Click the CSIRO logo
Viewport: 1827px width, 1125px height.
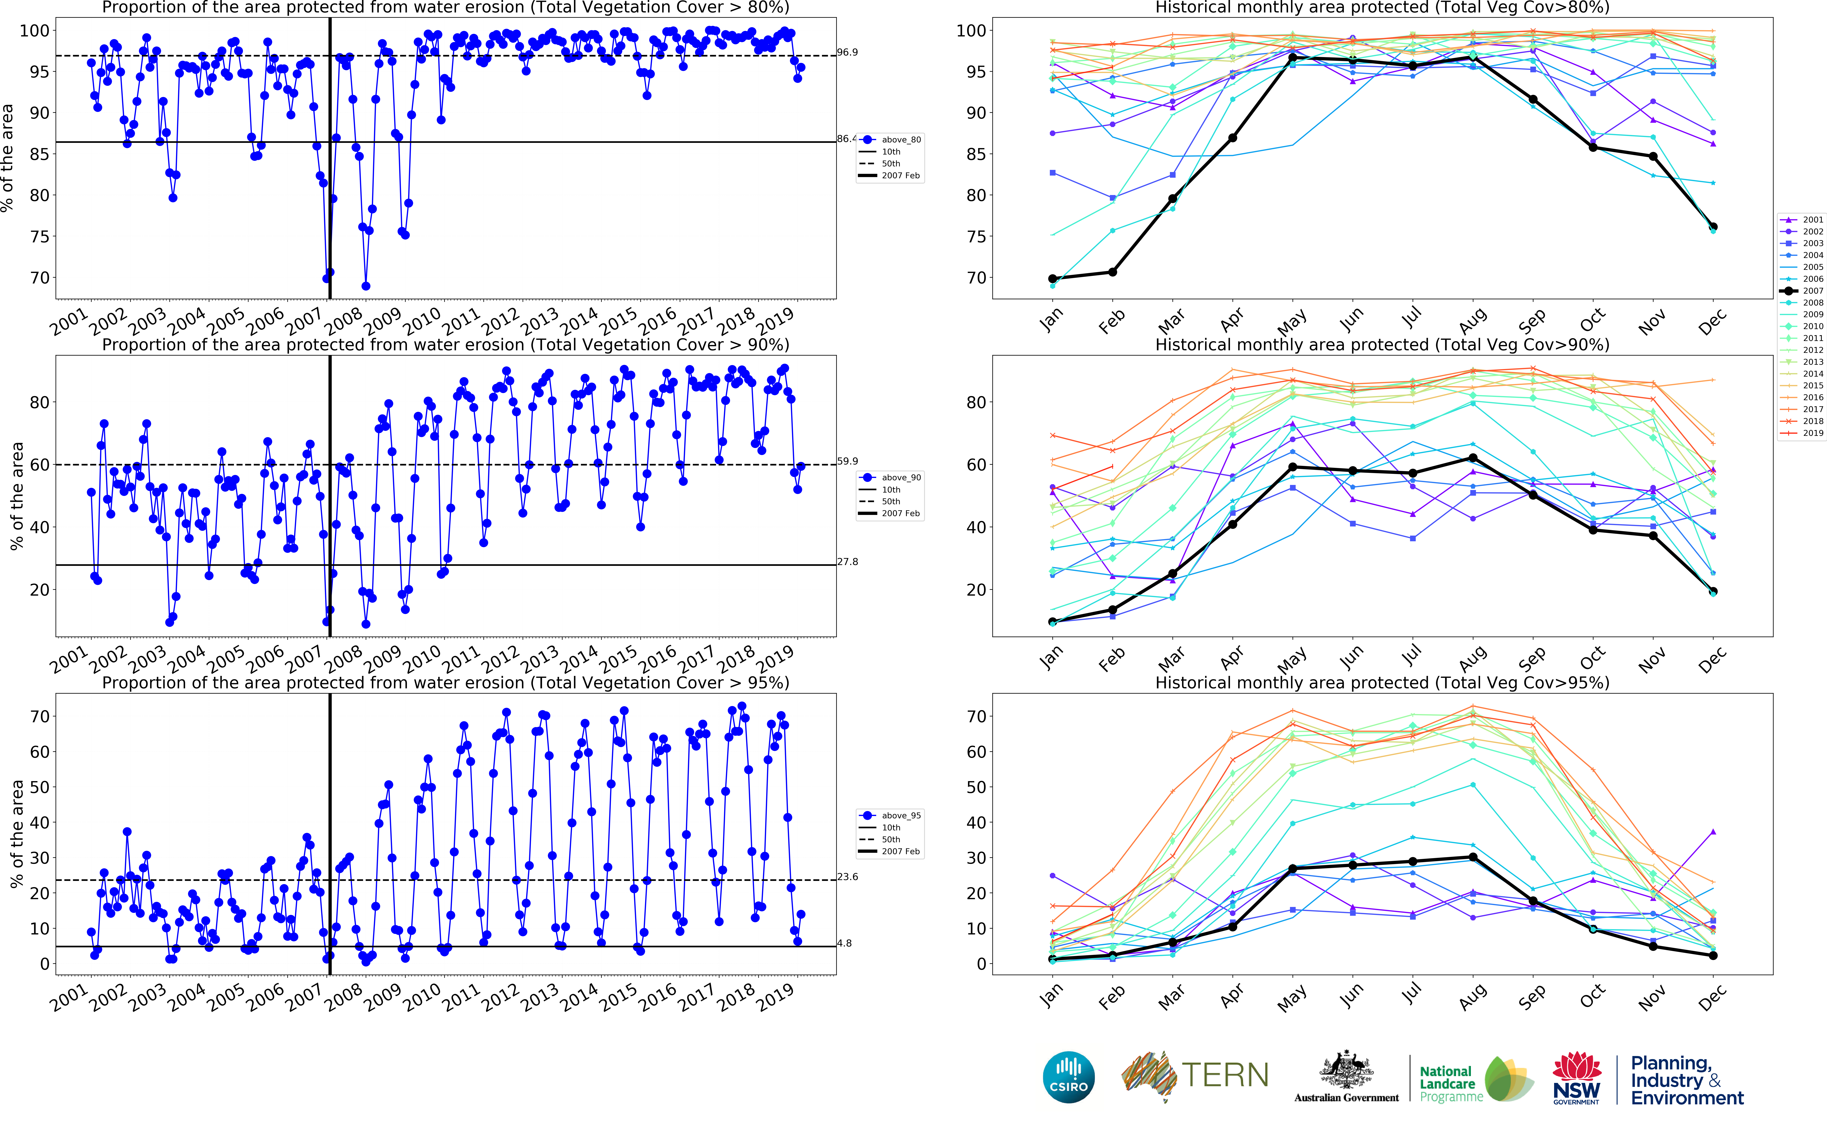(1069, 1077)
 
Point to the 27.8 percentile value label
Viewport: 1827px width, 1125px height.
(848, 562)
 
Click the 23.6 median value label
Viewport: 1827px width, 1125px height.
(848, 877)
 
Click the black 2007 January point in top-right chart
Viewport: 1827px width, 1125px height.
(1052, 279)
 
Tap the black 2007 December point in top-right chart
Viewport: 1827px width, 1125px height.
(1713, 227)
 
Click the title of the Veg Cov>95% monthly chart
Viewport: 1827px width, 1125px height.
(1382, 683)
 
